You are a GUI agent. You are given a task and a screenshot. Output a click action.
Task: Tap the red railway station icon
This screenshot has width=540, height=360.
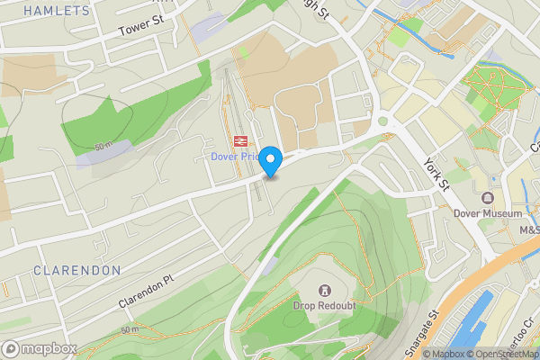(x=239, y=141)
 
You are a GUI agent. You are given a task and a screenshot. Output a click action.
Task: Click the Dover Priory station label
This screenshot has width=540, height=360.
(x=235, y=156)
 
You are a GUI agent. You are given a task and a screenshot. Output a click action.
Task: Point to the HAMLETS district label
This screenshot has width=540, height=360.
(x=57, y=11)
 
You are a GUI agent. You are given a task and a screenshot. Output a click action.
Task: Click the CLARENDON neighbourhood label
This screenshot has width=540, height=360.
(x=76, y=270)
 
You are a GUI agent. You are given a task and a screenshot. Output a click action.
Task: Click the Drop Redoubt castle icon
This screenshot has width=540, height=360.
(x=323, y=291)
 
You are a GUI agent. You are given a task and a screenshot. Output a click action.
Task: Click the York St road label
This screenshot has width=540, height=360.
(x=436, y=172)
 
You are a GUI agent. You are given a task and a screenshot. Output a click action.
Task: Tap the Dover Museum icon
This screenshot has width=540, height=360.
(x=488, y=198)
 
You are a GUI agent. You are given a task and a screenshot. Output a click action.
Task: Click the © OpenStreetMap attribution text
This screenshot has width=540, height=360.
(x=505, y=354)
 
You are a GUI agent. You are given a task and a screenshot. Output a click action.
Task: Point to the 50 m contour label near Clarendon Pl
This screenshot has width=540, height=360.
(x=129, y=330)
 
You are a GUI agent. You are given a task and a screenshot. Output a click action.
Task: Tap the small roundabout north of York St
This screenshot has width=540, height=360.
(x=386, y=119)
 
